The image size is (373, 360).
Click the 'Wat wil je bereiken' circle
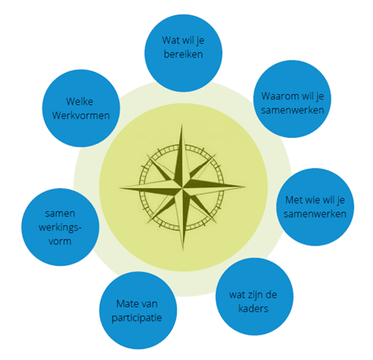click(x=183, y=53)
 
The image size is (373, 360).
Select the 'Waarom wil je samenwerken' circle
click(x=292, y=99)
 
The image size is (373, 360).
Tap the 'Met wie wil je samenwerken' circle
click(x=315, y=207)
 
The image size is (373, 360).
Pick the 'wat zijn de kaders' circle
click(x=254, y=296)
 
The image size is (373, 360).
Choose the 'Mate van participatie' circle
click(x=138, y=311)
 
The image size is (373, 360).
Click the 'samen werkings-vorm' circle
click(x=60, y=227)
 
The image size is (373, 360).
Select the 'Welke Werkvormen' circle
click(x=81, y=108)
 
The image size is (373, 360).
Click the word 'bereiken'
click(x=183, y=54)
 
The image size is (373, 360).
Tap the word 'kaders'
click(x=253, y=308)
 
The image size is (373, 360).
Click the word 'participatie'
click(x=137, y=318)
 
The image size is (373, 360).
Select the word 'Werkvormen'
click(x=81, y=115)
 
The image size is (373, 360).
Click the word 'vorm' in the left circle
click(x=60, y=242)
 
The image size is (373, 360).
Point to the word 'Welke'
click(x=79, y=101)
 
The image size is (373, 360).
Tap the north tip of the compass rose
click(x=181, y=125)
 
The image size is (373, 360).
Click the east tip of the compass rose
click(x=245, y=187)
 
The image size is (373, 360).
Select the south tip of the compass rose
click(x=183, y=250)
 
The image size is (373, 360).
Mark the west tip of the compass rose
click(x=120, y=188)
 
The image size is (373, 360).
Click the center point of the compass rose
click(x=182, y=187)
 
